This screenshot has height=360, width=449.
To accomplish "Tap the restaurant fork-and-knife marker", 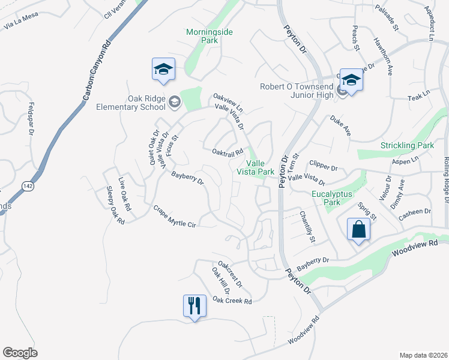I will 194,306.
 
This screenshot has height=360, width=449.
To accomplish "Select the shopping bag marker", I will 358,230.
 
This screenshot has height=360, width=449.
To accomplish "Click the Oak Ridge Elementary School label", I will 130,103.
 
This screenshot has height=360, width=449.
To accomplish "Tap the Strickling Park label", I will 407,146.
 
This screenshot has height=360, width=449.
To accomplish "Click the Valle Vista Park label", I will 260,167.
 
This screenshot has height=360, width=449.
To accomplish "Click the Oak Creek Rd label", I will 232,300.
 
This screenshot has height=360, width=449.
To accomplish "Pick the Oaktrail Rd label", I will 227,152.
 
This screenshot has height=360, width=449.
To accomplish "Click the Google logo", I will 20,352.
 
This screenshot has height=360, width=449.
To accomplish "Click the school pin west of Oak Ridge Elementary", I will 163,70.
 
